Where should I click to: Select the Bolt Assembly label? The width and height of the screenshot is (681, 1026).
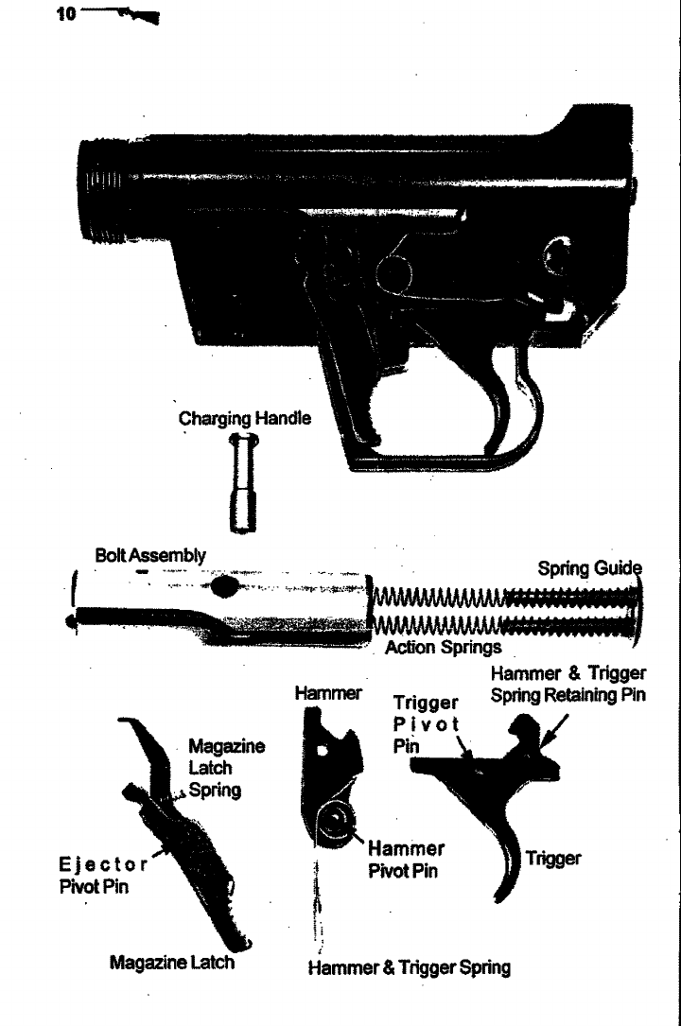(151, 555)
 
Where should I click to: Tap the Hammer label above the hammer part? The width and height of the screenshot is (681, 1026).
(328, 693)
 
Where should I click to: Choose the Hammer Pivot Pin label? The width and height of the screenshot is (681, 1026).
(406, 860)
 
